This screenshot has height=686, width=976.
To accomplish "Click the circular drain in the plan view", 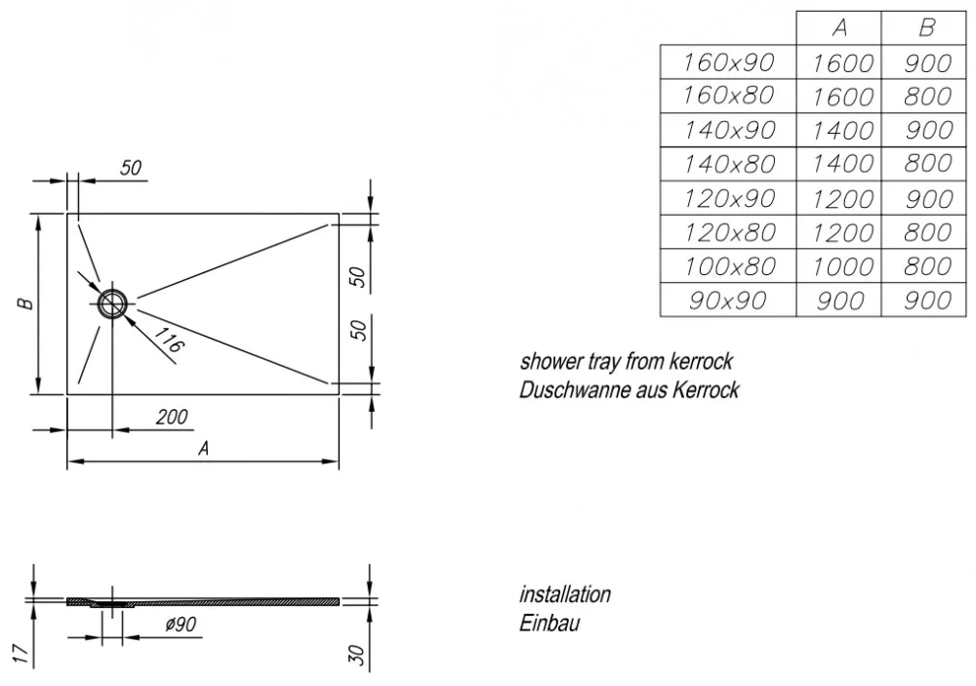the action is click(x=112, y=303).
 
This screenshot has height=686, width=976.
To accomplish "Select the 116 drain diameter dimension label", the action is click(x=168, y=340).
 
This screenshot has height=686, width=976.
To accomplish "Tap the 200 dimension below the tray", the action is click(x=172, y=417).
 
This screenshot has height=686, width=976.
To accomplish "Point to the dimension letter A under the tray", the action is click(x=204, y=448).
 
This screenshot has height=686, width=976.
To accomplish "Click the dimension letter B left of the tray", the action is click(x=25, y=303).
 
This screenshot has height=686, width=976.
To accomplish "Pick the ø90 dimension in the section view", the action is click(x=182, y=624).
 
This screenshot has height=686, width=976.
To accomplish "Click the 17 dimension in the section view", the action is click(x=20, y=653).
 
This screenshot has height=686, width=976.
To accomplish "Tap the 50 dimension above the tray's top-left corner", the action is click(x=131, y=168).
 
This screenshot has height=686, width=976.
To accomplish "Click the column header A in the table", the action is click(x=839, y=28).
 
